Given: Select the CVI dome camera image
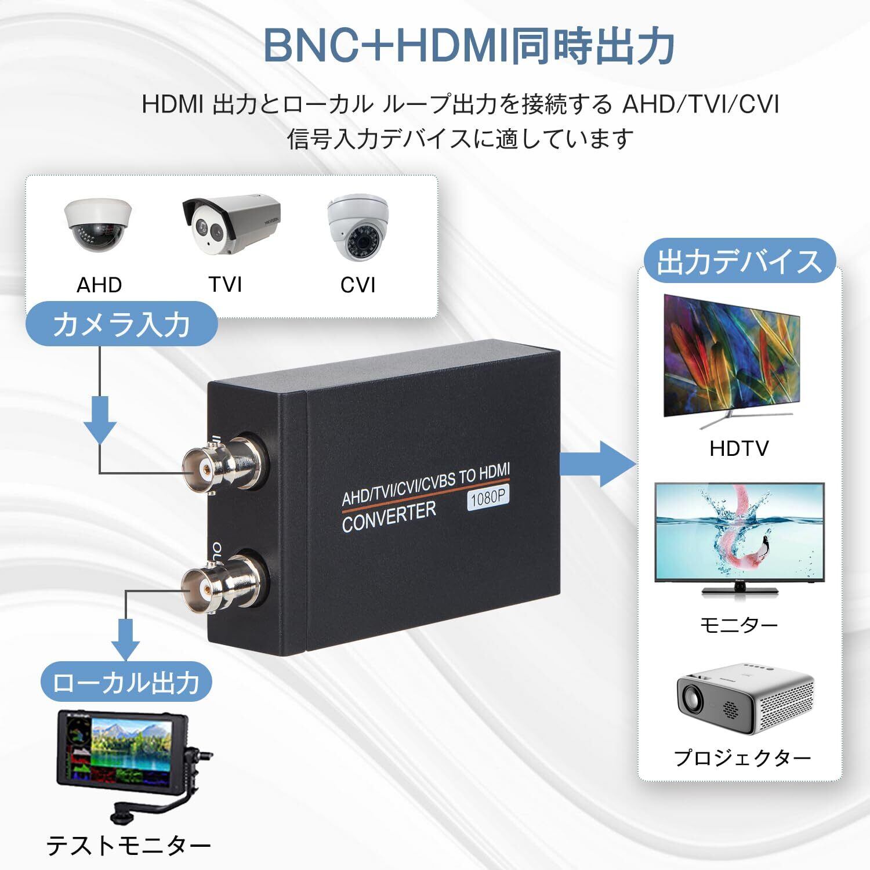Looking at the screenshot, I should click(357, 229).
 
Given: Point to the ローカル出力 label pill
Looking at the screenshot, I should click(126, 683).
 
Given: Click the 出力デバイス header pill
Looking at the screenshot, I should click(739, 262).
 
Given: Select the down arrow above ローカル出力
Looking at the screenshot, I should click(125, 639).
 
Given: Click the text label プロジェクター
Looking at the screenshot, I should click(742, 757).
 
